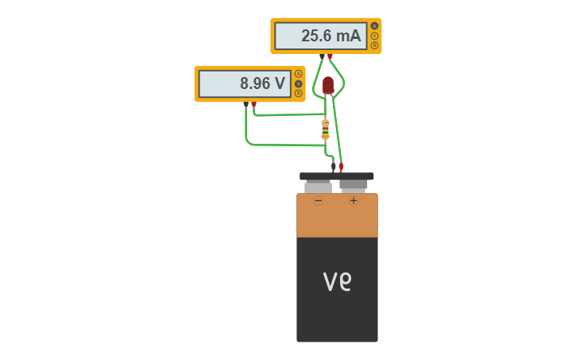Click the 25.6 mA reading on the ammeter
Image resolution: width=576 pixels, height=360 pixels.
[x=330, y=36]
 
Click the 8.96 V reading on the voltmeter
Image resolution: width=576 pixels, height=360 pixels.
[x=262, y=83]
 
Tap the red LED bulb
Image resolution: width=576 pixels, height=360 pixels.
[x=328, y=84]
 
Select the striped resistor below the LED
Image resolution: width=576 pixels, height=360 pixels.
[x=325, y=129]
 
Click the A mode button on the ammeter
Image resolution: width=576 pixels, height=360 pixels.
[x=374, y=25]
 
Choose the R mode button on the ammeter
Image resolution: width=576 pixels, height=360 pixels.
[x=374, y=45]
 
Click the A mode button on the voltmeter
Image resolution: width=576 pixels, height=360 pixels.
[x=298, y=74]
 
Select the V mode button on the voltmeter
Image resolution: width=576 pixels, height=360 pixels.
[x=298, y=83]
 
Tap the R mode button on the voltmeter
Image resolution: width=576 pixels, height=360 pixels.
[x=298, y=93]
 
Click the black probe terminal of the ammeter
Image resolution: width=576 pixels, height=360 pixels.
[x=322, y=56]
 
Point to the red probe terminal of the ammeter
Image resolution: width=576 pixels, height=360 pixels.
[x=331, y=56]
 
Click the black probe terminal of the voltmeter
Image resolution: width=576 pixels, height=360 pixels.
[x=245, y=104]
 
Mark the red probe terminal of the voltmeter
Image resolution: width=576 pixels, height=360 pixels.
[x=254, y=104]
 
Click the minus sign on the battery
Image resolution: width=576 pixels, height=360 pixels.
[x=319, y=201]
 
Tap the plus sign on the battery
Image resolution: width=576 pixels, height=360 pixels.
[x=354, y=201]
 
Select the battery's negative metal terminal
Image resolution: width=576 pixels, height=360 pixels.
[x=319, y=188]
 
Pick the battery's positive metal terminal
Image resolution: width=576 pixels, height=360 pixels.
[x=354, y=185]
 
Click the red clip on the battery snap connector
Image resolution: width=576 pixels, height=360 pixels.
[x=342, y=168]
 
